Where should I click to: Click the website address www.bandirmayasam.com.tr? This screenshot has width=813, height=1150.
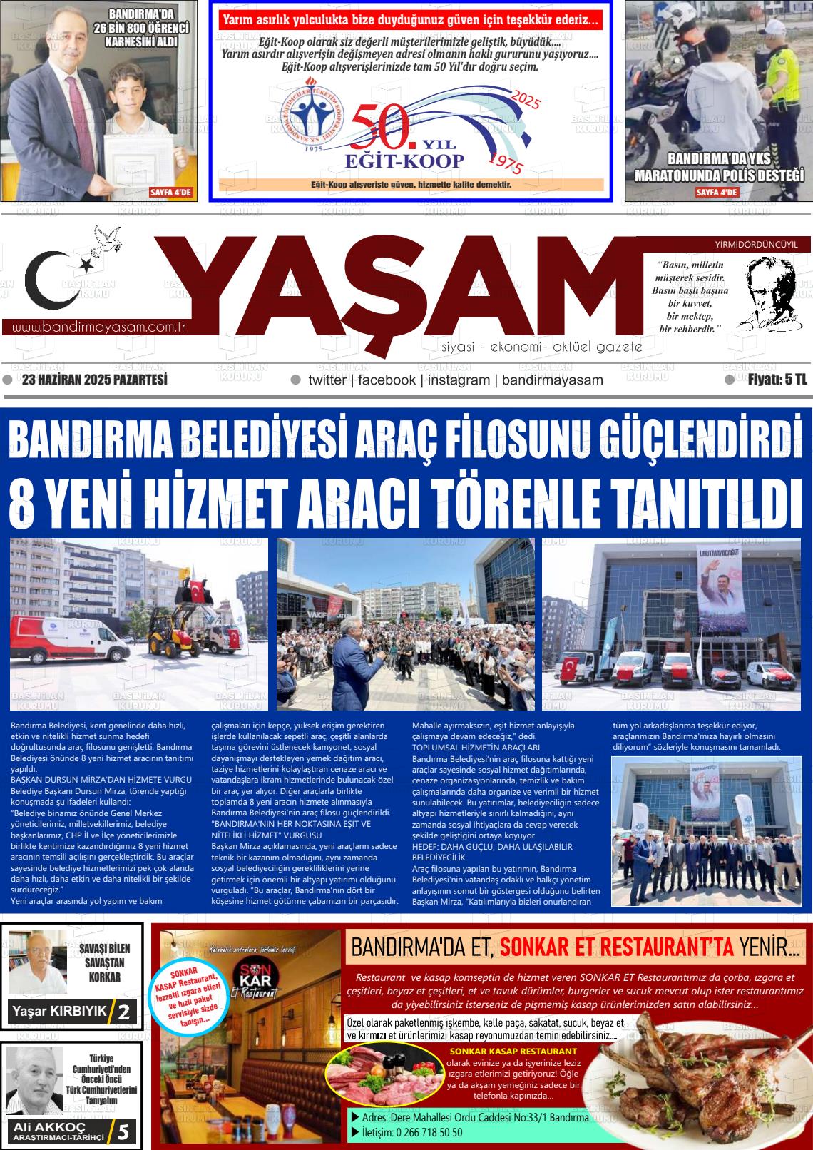click(x=99, y=327)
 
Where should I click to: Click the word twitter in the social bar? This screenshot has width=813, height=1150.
click(x=327, y=380)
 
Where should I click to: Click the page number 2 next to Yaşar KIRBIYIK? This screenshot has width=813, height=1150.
click(x=124, y=1012)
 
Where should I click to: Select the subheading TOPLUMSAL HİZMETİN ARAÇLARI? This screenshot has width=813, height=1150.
click(x=467, y=747)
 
